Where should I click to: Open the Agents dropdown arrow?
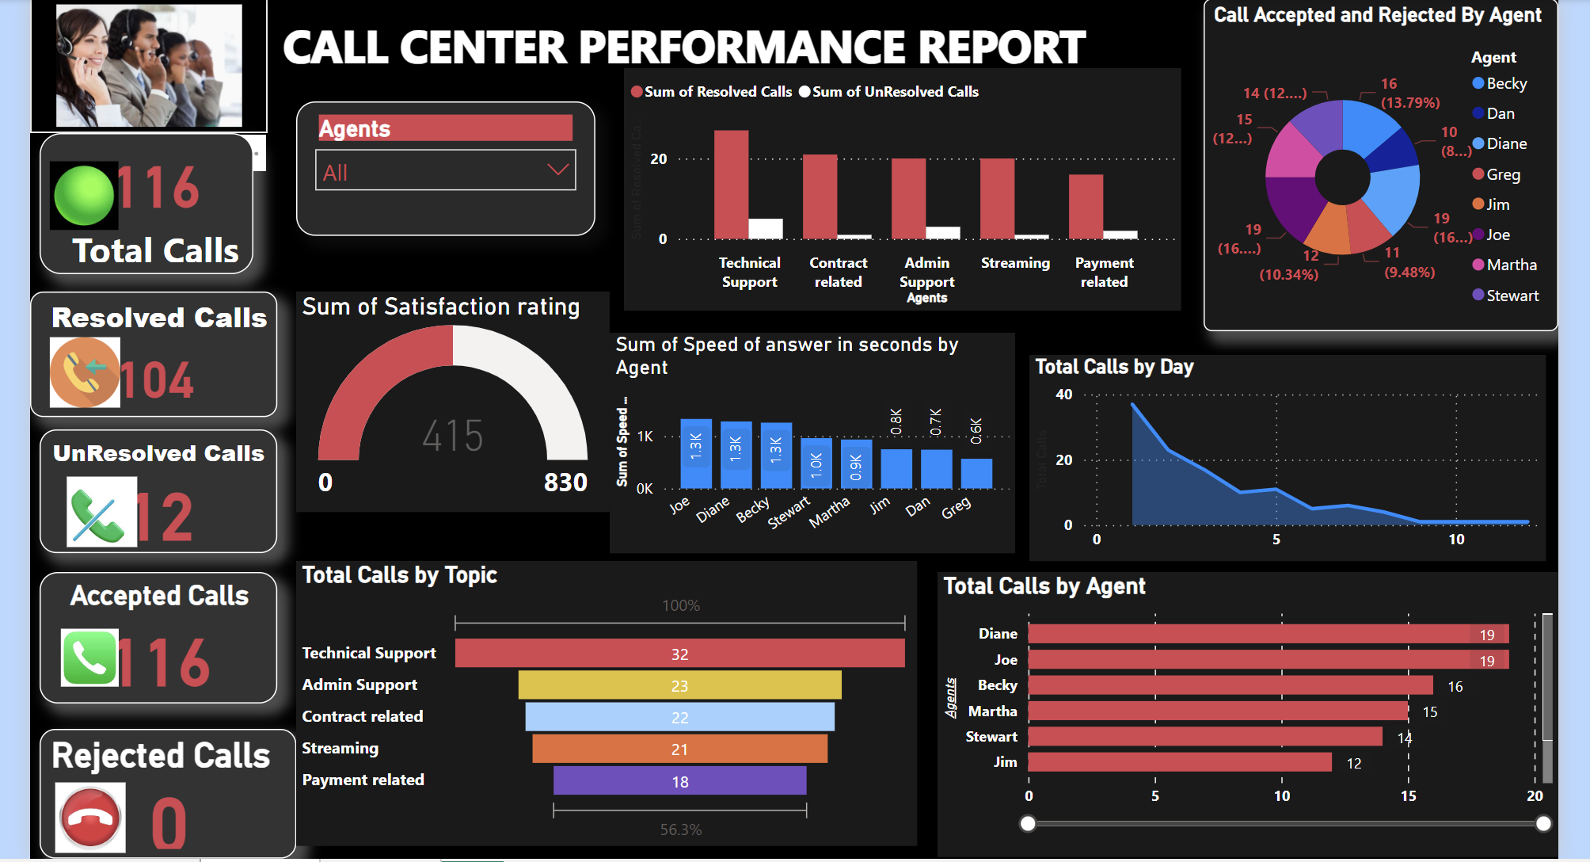click(557, 170)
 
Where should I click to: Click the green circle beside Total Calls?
click(84, 195)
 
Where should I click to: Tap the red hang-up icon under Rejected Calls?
click(91, 818)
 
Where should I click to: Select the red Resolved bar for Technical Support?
click(731, 185)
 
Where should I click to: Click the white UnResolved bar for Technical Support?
click(765, 229)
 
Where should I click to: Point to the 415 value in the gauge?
click(452, 436)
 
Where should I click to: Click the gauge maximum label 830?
click(565, 482)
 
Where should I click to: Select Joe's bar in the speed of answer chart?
click(696, 454)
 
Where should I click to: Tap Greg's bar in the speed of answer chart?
click(976, 474)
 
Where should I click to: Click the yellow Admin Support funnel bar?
click(679, 685)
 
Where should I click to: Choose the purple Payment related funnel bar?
click(679, 781)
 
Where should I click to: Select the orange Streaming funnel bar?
click(679, 749)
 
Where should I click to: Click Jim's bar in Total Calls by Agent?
click(1180, 762)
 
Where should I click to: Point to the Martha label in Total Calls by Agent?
click(992, 711)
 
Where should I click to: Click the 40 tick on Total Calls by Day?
click(1064, 395)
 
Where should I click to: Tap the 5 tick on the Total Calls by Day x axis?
click(1276, 540)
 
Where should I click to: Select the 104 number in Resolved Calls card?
click(157, 380)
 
